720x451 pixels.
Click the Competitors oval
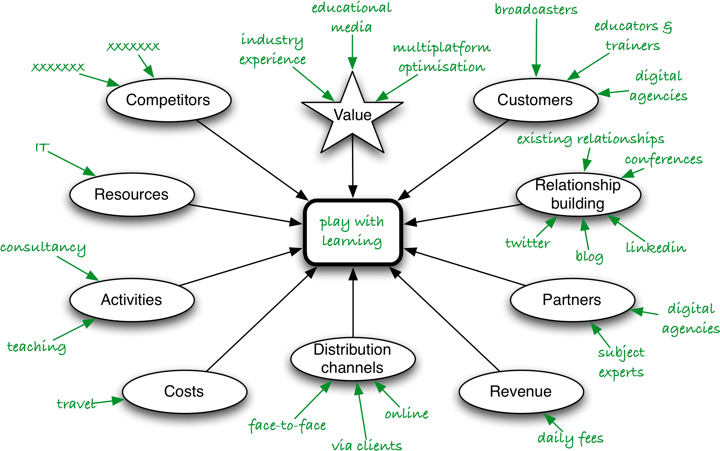pos(169,100)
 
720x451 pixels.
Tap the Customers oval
pos(536,100)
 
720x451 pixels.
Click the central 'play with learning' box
pos(353,232)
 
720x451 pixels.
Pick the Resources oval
pos(132,195)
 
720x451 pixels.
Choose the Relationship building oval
pos(578,195)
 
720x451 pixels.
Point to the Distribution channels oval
pos(353,359)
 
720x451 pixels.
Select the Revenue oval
pos(521,392)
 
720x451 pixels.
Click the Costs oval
pos(184,392)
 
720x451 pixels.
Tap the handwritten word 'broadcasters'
pos(536,9)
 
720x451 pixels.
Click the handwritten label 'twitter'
pos(528,243)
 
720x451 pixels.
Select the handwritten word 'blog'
pos(589,256)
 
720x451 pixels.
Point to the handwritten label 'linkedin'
pos(656,248)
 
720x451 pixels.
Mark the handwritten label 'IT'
pos(42,148)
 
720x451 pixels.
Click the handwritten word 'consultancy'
pos(43,248)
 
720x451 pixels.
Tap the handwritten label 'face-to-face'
pos(287,426)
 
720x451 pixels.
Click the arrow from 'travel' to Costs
pos(109,401)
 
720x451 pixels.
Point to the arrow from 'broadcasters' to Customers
pos(536,47)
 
